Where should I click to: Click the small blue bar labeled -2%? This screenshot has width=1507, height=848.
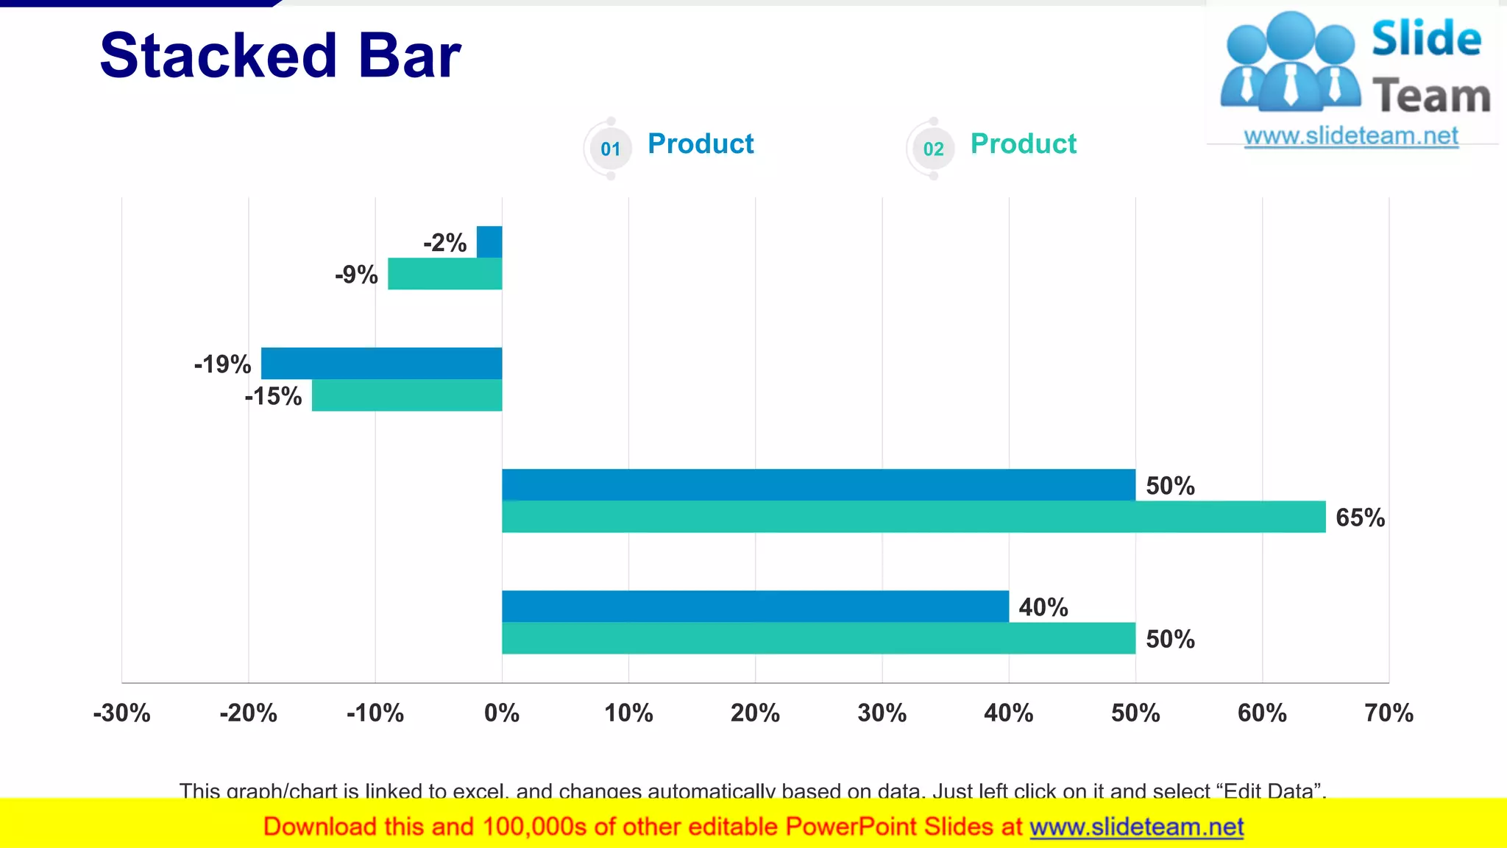click(489, 241)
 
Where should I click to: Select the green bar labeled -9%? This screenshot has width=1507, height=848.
click(445, 274)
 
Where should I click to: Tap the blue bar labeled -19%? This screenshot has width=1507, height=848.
click(381, 363)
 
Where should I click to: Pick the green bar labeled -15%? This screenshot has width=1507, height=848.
click(407, 395)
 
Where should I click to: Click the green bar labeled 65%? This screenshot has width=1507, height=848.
click(913, 517)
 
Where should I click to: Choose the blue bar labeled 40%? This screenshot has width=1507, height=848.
click(755, 606)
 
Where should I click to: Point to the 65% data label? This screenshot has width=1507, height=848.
click(1360, 517)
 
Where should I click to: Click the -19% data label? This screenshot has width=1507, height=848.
click(222, 364)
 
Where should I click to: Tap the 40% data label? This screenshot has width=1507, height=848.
click(1043, 607)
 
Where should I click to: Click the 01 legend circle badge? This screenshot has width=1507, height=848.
click(610, 149)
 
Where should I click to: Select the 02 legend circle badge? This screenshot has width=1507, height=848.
click(933, 149)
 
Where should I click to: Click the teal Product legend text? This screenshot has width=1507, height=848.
click(1023, 144)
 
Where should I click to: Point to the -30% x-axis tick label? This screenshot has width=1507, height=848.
click(121, 713)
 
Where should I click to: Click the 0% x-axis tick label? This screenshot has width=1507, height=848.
click(502, 713)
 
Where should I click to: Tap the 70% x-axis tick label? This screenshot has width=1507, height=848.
click(1389, 713)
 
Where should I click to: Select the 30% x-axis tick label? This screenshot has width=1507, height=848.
click(882, 713)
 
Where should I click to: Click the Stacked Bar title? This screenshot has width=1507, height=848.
click(280, 56)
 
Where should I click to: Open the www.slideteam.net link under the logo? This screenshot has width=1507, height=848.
click(1351, 136)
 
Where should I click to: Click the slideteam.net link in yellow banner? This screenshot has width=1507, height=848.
click(1136, 827)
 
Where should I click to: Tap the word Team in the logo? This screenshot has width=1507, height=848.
click(1431, 96)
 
